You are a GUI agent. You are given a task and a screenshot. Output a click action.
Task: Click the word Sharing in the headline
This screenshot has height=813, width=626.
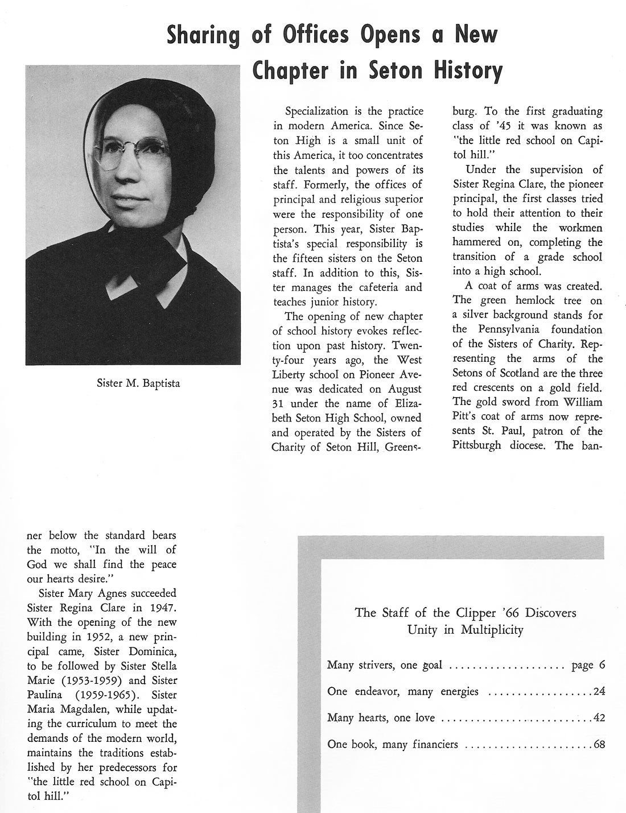(203, 35)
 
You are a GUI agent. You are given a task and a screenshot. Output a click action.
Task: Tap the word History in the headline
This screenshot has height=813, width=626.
(468, 71)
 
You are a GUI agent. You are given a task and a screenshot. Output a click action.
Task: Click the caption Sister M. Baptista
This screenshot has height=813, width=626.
(138, 383)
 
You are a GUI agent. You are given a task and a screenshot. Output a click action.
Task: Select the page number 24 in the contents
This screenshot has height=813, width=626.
(598, 692)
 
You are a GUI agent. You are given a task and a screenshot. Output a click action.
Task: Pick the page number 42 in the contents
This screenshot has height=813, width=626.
(598, 718)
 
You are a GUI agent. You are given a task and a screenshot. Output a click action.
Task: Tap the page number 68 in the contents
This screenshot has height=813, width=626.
(598, 744)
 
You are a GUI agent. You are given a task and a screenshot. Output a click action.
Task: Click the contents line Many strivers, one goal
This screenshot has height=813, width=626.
(385, 666)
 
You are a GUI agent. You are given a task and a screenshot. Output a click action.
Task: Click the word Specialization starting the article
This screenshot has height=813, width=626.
(316, 112)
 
